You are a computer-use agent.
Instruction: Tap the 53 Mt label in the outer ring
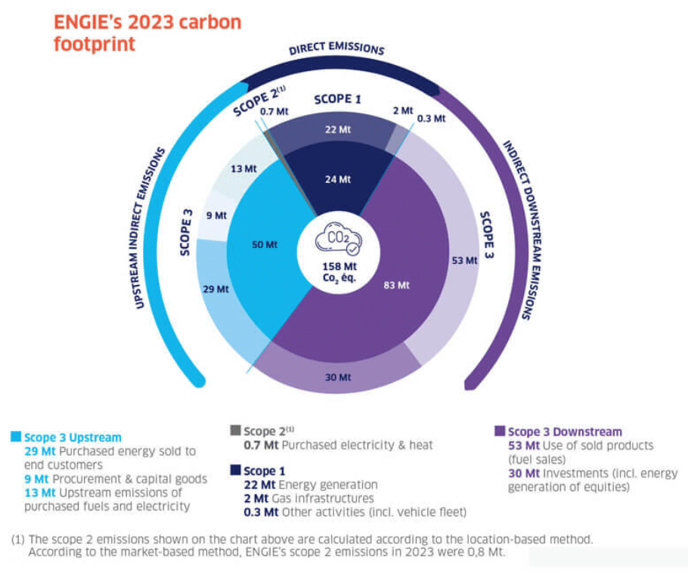click(465, 260)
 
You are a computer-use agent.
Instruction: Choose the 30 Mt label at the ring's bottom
click(336, 376)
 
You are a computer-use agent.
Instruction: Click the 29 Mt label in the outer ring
click(215, 289)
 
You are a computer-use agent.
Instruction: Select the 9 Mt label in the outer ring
click(216, 215)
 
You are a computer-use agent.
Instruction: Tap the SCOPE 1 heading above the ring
click(333, 98)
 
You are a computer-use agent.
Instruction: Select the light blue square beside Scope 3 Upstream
click(16, 436)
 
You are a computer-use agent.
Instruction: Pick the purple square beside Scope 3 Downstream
click(499, 431)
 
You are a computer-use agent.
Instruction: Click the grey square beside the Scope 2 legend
click(235, 431)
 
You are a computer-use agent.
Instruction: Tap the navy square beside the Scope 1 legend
click(235, 471)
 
